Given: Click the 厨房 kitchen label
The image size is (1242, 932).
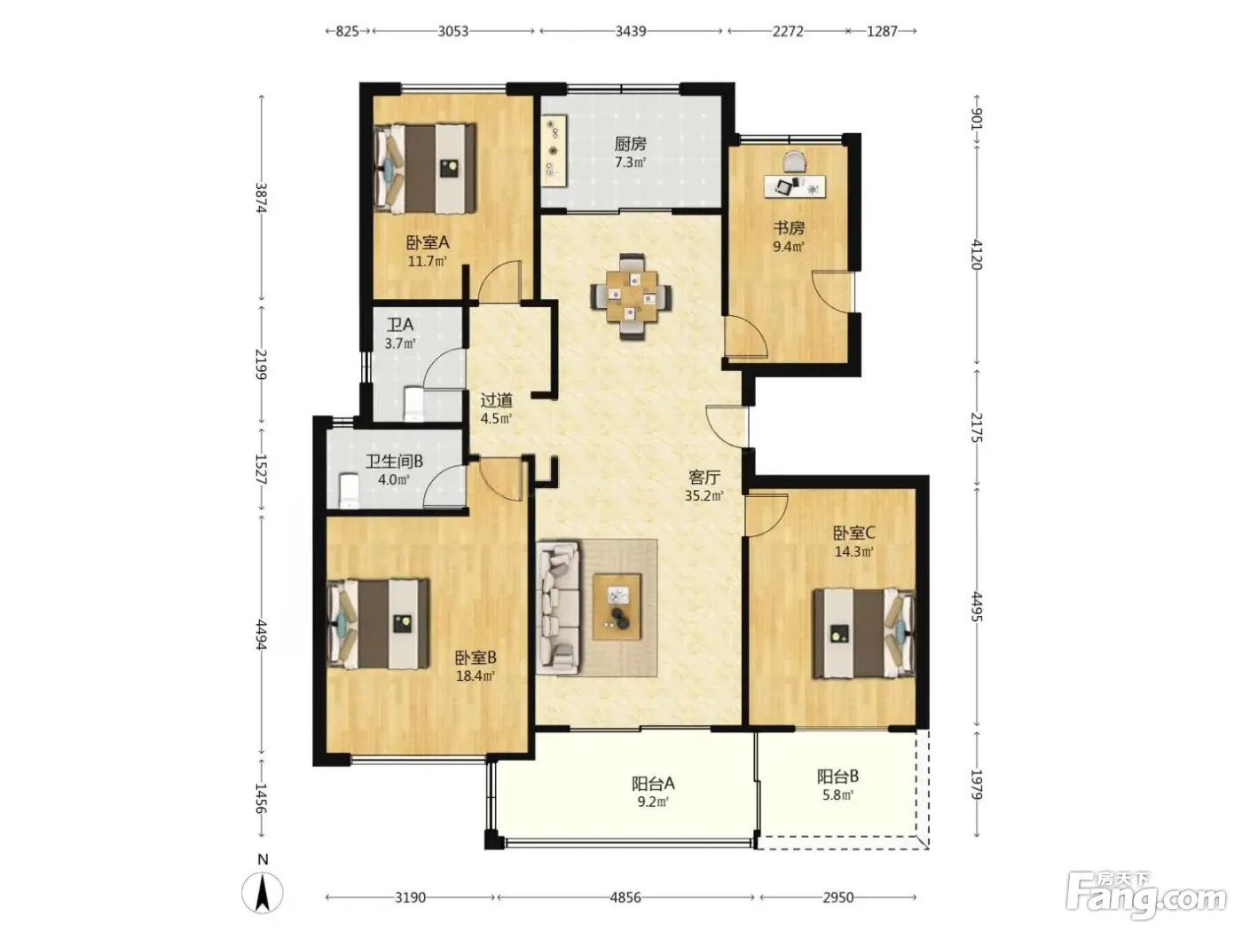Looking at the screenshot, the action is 631,144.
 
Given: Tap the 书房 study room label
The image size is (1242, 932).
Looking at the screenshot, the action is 789,228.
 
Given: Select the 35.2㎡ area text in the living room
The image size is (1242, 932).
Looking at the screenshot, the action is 704,496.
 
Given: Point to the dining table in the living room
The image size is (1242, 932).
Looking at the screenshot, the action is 632,297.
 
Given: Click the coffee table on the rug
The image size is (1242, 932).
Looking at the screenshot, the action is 617,607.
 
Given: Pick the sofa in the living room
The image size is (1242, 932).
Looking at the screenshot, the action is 558,608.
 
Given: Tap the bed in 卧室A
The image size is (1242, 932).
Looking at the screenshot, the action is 426,169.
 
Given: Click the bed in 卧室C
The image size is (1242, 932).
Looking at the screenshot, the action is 863,633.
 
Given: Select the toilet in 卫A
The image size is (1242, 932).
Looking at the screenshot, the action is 413,404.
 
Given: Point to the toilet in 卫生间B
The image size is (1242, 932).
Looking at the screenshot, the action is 349,491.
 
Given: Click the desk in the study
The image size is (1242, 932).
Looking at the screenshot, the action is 794,186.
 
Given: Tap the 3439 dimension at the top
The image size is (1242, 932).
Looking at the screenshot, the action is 631,31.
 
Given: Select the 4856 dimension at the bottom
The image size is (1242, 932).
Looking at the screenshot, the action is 625,897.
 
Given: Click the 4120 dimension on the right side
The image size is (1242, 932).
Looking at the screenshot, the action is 977,255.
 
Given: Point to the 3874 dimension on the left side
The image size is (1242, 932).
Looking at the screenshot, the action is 261,197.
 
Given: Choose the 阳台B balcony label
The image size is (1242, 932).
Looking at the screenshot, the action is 838,777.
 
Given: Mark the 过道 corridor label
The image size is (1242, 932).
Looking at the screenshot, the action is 496,400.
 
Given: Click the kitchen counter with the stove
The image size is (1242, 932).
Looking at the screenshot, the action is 554,151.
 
